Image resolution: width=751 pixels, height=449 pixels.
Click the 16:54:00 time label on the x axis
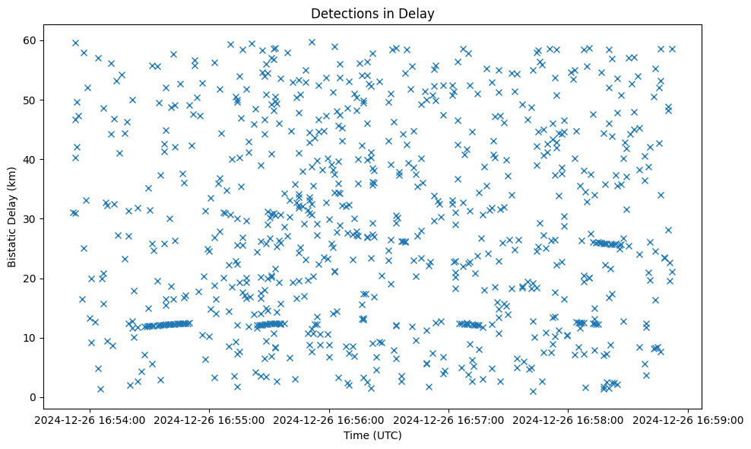[90, 419]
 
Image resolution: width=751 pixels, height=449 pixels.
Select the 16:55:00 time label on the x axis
[210, 419]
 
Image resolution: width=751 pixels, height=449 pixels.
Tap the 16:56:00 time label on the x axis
[329, 419]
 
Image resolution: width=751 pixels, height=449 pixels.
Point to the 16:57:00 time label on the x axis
[449, 419]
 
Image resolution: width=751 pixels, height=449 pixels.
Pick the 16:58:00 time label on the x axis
[569, 419]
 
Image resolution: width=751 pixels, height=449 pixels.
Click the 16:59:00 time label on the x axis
[689, 419]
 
